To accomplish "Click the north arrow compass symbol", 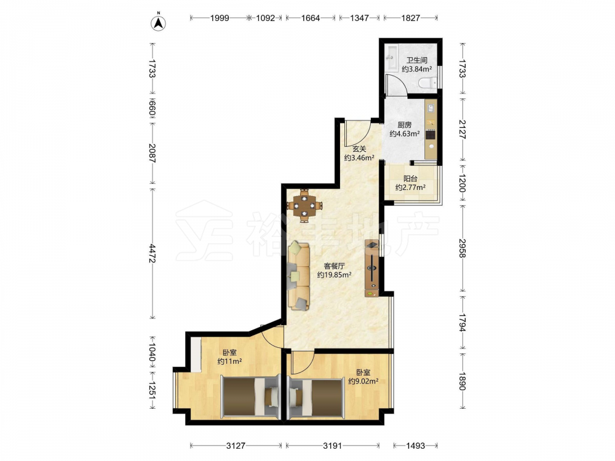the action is tap(159, 22).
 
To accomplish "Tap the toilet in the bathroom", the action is tap(427, 83).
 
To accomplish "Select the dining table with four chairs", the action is tap(304, 205).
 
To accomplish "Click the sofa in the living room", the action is tap(299, 276).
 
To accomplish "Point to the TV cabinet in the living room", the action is tap(372, 268).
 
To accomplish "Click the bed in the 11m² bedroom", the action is tap(250, 396).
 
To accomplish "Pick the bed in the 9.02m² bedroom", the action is tap(316, 396).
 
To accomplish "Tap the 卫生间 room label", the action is tap(416, 60).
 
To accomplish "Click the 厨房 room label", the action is tap(405, 125).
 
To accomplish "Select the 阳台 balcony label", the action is tap(410, 178).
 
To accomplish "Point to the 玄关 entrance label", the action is tap(359, 149).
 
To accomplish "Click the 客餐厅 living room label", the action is tap(334, 266).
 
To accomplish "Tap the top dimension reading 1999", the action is tap(220, 18).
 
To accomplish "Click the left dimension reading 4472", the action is tap(153, 253).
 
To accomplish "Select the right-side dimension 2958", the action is tap(462, 248).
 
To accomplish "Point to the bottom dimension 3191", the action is tap(332, 445).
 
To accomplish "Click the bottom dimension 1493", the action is tap(415, 445).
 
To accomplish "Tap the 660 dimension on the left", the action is tap(153, 109).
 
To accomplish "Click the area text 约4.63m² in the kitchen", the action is tap(405, 133).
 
